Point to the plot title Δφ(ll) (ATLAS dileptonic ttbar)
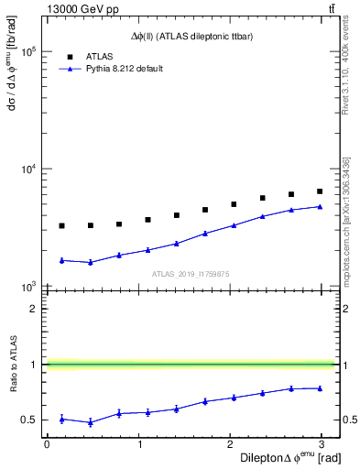191,36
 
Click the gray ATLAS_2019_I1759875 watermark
191,274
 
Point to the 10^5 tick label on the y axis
27,52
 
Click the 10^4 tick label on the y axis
27,169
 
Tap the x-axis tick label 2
231,443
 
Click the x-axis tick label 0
47,443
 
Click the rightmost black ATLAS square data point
320,191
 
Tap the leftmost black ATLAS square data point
61,225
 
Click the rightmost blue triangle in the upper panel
320,206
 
